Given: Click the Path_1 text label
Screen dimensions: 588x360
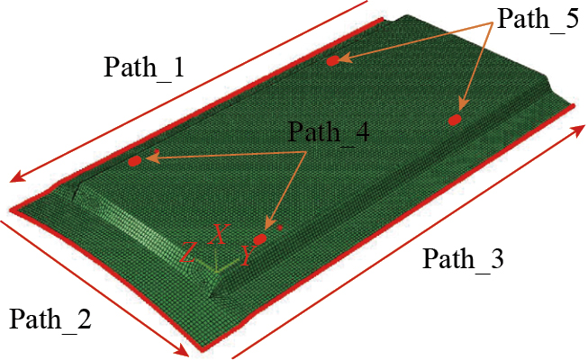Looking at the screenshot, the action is tap(144, 67).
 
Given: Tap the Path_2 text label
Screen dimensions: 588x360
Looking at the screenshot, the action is tap(50, 319).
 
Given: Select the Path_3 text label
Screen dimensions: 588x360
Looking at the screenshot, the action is tap(463, 259).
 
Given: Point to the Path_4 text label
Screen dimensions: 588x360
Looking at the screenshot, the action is tap(329, 132).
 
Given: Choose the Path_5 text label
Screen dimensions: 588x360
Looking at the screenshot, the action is tap(538, 18).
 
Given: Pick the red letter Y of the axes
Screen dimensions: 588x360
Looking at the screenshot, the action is tap(248, 255).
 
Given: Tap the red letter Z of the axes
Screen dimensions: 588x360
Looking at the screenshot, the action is tap(188, 252).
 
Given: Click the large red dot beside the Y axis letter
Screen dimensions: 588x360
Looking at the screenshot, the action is tap(260, 238).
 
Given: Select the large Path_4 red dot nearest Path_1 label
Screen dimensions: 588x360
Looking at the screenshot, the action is tap(135, 161).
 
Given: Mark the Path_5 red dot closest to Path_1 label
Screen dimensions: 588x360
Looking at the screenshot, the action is tap(332, 61).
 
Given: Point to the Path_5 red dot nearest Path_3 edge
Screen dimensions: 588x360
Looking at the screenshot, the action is tap(455, 120).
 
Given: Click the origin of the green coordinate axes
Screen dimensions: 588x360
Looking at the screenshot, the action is tap(216, 271).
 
